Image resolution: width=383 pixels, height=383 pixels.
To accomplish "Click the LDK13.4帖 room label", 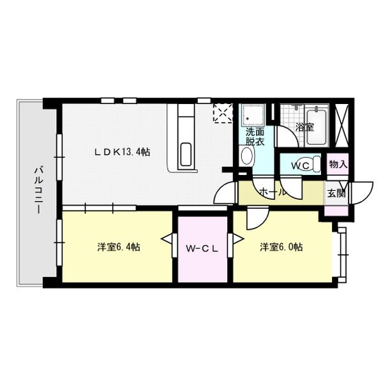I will tap(123, 152).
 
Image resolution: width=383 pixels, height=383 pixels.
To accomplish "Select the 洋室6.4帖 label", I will tap(118, 247).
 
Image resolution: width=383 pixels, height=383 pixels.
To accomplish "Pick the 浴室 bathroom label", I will tap(304, 127).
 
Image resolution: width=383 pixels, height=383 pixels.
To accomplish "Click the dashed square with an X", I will tap(223, 113).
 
